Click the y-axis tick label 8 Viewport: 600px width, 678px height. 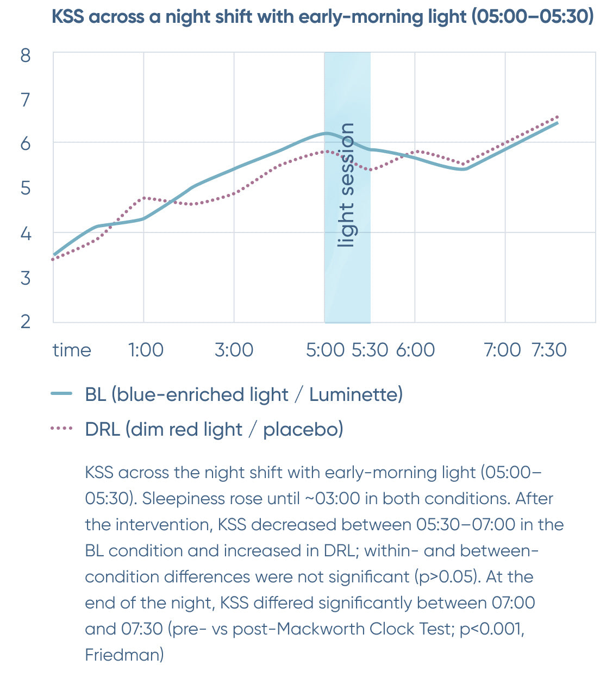tap(26, 55)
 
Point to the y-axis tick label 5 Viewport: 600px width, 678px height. tap(26, 189)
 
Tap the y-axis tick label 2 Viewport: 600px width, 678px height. tap(26, 321)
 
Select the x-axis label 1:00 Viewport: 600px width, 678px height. tap(146, 350)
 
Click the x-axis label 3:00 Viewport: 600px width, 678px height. tap(234, 350)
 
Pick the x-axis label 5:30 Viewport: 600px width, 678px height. tap(370, 350)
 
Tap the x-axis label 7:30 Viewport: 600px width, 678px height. tap(549, 350)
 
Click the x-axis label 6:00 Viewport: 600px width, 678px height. tap(415, 350)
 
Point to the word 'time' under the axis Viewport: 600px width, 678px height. tap(72, 350)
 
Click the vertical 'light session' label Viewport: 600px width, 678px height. tap(346, 185)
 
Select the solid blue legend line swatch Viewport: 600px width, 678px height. tap(61, 394)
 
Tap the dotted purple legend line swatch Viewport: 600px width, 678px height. tap(61, 429)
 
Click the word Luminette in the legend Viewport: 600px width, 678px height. tap(354, 394)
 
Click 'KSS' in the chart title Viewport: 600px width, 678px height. tap(68, 16)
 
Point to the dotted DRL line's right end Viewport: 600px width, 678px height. tap(557, 117)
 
